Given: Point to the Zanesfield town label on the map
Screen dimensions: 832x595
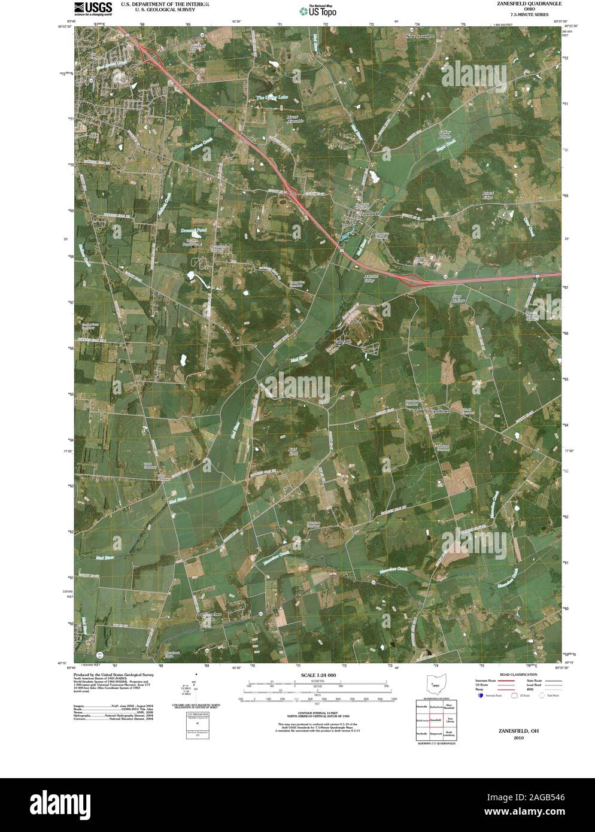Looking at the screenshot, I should tap(371, 214).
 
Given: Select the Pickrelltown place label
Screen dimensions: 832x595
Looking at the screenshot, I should tap(442, 412).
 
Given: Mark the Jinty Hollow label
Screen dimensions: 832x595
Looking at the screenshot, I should tap(458, 297).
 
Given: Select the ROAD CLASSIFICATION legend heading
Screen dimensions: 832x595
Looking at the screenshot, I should tap(510, 675).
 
